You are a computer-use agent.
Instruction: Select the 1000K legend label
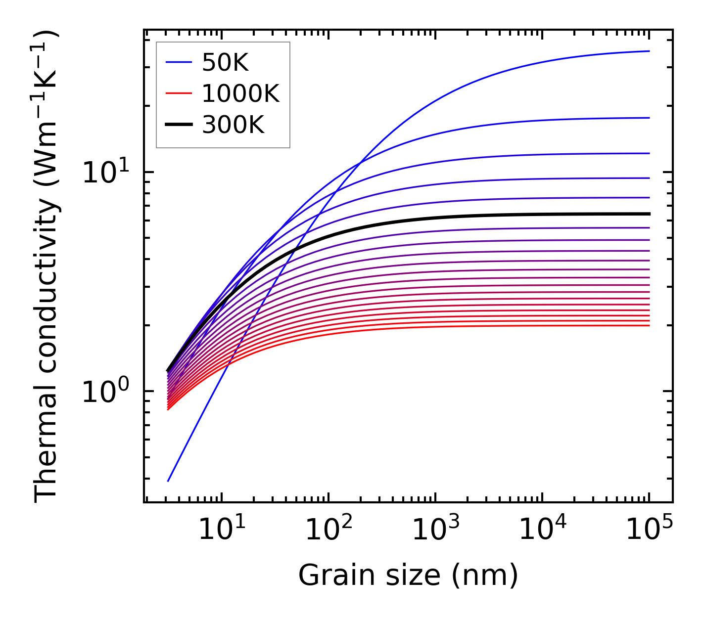click(x=240, y=93)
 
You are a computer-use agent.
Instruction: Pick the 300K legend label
click(x=233, y=125)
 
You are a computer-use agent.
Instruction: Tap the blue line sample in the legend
click(x=178, y=62)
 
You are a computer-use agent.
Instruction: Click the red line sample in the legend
click(x=178, y=93)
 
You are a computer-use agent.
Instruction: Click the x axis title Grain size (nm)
click(x=408, y=575)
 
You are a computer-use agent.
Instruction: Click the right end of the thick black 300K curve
click(x=649, y=214)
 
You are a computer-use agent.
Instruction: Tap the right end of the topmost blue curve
click(x=649, y=51)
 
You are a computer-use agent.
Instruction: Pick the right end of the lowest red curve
click(x=649, y=325)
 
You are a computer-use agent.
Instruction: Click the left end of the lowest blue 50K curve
click(x=168, y=481)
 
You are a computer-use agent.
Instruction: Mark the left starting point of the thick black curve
click(x=168, y=371)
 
